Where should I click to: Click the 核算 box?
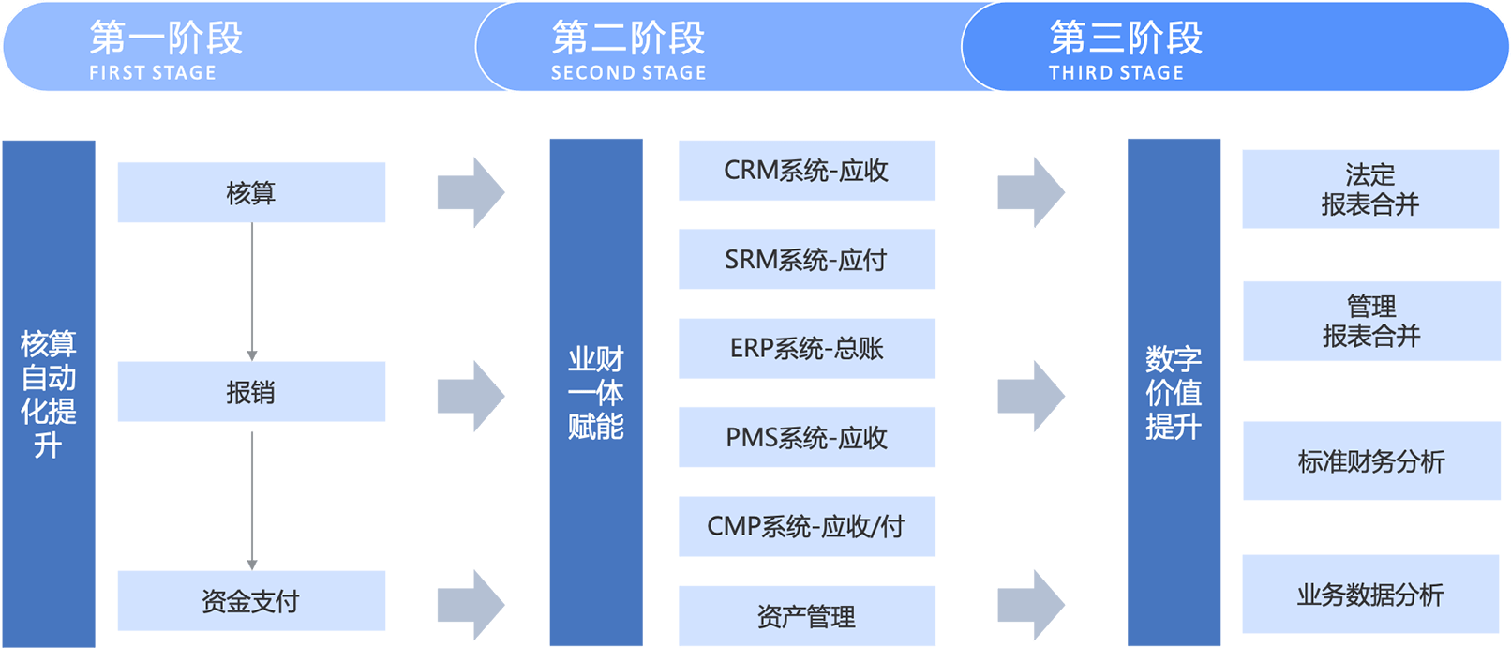251,192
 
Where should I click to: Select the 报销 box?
251,392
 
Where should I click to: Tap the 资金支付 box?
251,601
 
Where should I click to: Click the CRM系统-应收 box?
807,171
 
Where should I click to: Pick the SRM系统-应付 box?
807,259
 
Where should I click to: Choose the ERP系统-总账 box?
807,349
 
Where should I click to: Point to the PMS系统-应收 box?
807,437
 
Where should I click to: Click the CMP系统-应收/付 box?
807,526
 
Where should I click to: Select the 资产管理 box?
807,616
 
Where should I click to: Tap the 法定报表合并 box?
1370,189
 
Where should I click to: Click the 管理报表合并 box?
1371,321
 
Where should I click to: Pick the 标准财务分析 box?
1371,460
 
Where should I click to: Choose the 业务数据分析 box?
1370,595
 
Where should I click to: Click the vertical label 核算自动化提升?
49,394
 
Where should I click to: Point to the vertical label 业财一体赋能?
596,393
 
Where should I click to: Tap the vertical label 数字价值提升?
1174,393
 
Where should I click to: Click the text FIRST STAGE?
153,73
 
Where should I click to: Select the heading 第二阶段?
628,38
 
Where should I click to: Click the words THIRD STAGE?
1116,73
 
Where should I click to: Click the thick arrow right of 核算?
471,192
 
